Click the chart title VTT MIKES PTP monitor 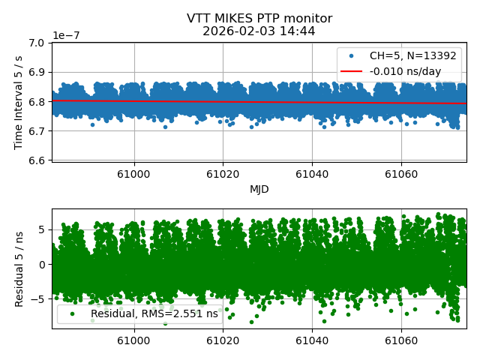point(259,19)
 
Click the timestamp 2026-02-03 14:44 point(259,31)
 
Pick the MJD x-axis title point(259,189)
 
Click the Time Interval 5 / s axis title point(19,101)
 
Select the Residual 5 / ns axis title point(19,268)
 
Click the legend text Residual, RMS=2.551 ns point(154,313)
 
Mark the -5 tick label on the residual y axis point(39,299)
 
